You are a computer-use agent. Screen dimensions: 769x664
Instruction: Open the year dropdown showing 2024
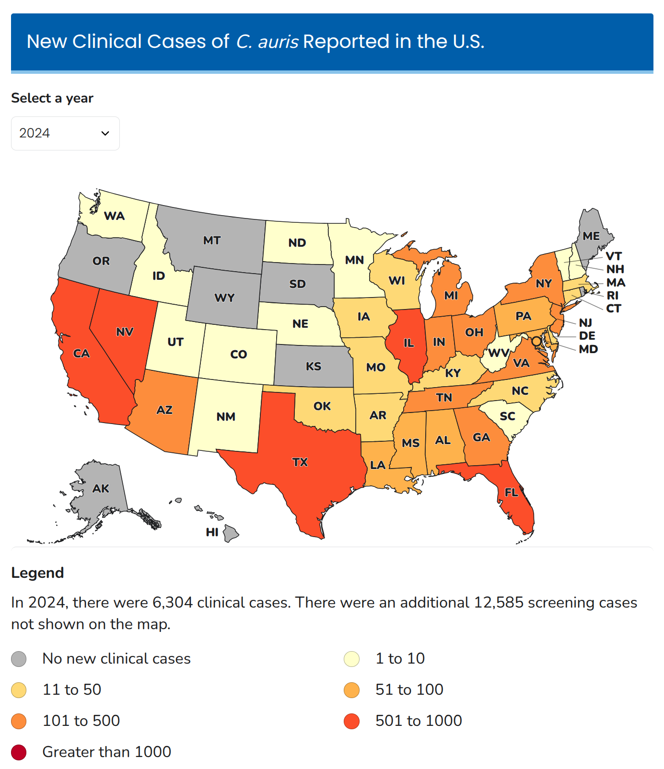65,133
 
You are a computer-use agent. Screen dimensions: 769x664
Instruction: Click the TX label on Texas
300,462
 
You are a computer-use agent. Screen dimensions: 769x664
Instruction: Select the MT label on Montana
212,241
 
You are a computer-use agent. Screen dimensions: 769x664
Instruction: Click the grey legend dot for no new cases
19,659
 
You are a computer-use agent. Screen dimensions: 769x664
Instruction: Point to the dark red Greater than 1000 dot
19,752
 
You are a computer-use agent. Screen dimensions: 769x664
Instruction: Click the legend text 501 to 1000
419,721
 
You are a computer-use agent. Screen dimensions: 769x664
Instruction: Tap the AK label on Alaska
101,489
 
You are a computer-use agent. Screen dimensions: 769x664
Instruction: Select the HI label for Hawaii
212,532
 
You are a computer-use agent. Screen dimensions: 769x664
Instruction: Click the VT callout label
614,256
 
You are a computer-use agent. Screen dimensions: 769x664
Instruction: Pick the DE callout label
587,336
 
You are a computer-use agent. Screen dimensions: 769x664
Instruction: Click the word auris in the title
279,42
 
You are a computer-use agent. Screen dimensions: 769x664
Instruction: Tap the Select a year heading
52,98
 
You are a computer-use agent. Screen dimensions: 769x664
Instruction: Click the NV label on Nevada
125,332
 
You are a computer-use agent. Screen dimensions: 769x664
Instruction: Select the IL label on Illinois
408,343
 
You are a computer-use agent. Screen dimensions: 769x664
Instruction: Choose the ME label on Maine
591,236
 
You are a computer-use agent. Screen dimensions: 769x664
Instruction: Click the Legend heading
37,573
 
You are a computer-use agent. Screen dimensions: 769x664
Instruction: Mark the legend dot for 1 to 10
351,659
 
